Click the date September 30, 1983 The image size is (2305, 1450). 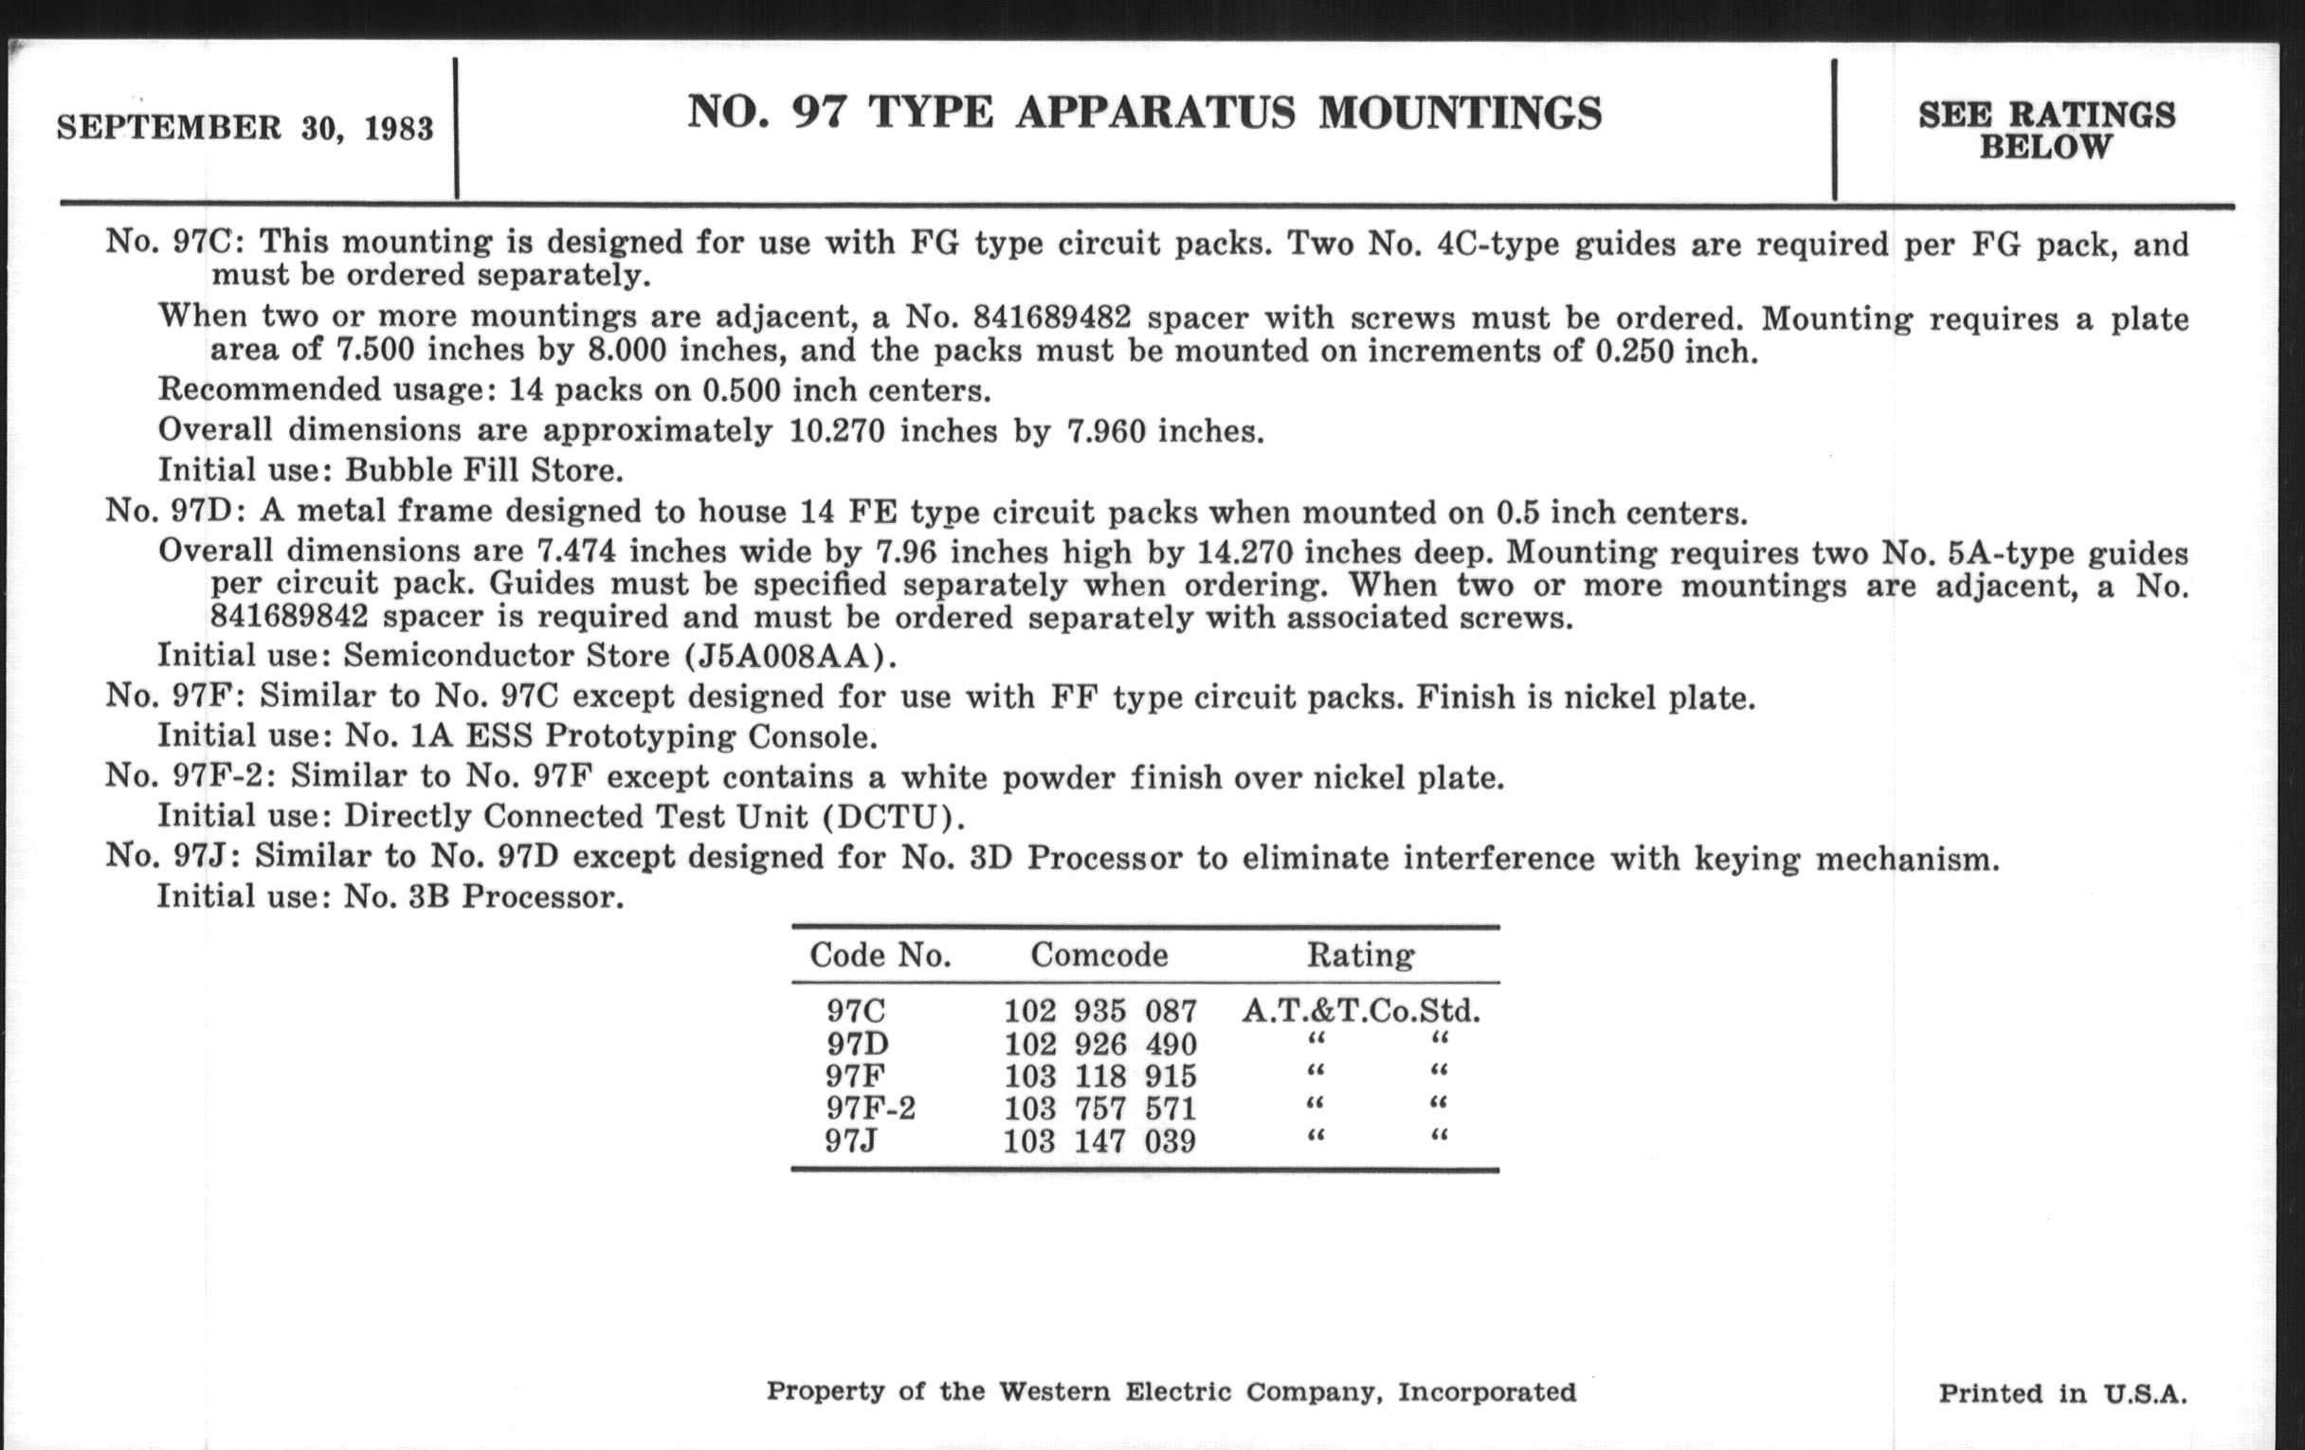(x=245, y=127)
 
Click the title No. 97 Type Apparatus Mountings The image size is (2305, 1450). (x=1144, y=113)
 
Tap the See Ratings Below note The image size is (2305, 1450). (x=2046, y=130)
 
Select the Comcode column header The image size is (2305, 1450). (x=1098, y=954)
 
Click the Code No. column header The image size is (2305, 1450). (x=880, y=954)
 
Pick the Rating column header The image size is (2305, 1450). (x=1360, y=954)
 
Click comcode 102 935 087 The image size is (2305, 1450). (x=1099, y=1010)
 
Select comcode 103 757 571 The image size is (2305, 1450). (x=1099, y=1108)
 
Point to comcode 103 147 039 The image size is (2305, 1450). (x=1099, y=1141)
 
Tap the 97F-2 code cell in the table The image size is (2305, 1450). (x=871, y=1108)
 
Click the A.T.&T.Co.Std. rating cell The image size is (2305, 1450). (x=1360, y=1010)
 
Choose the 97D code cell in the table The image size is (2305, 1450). (x=857, y=1043)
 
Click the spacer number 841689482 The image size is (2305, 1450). (x=1052, y=316)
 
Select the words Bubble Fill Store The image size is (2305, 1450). (x=483, y=470)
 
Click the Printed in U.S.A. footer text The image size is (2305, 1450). (x=2062, y=1392)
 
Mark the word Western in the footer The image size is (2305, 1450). (x=1056, y=1391)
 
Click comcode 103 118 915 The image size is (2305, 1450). (x=1099, y=1076)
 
